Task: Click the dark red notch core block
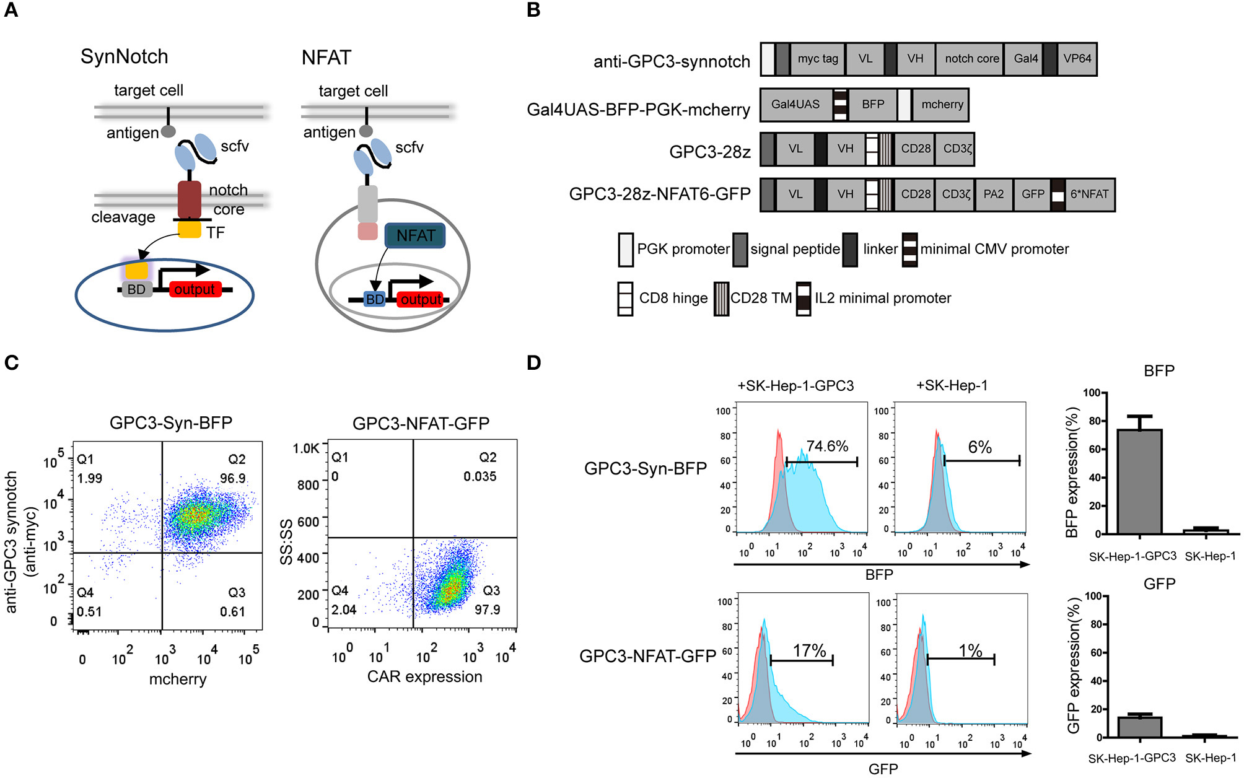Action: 189,199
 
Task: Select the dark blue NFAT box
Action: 415,235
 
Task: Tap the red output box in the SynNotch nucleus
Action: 195,289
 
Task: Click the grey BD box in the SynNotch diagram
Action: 136,289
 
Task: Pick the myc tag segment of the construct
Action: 817,59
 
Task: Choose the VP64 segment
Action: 1077,59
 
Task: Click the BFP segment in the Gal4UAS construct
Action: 872,105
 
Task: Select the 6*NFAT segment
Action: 1089,194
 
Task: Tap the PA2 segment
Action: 993,194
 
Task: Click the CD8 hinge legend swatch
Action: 625,299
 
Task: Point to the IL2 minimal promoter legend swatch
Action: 804,299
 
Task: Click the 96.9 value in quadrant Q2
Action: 233,478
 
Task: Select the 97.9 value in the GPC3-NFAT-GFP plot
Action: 487,610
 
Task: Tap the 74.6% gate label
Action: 827,446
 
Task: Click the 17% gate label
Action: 809,650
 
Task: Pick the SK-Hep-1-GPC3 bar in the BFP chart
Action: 1139,481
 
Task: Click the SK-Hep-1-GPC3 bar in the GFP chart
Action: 1139,727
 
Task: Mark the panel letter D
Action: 533,362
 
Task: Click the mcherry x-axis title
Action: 178,679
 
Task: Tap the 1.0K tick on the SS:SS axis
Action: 305,448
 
